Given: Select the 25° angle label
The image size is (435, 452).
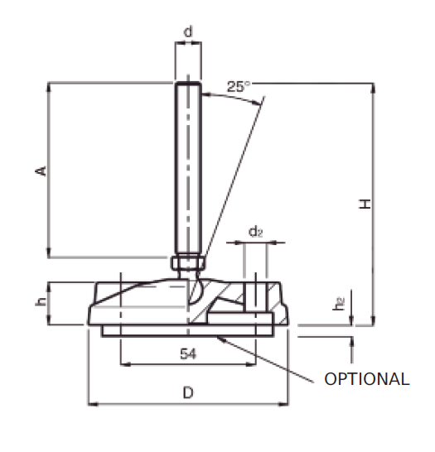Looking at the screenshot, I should pyautogui.click(x=238, y=86).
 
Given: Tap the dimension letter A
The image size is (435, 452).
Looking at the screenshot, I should pyautogui.click(x=39, y=171).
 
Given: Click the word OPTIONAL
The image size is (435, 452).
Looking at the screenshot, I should pyautogui.click(x=366, y=379).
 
